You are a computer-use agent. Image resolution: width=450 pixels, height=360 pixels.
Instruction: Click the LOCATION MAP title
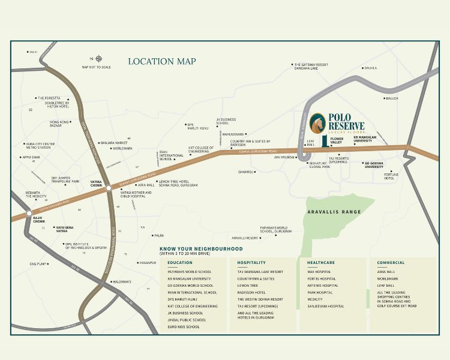(162, 61)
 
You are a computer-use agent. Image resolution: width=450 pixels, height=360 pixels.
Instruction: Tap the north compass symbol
(98, 59)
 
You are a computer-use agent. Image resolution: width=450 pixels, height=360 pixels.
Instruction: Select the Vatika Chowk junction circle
(109, 188)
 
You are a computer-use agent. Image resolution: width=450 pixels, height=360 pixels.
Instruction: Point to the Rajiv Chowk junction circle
(28, 213)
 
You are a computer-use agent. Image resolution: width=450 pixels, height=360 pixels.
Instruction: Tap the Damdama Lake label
(306, 68)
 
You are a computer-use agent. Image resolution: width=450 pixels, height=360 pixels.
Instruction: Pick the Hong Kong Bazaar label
(59, 124)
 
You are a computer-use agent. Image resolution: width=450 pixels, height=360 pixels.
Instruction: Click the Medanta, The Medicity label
(36, 194)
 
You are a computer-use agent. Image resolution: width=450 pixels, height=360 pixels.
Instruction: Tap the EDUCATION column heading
(180, 263)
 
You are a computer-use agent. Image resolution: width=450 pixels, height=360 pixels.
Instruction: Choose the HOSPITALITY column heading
(251, 263)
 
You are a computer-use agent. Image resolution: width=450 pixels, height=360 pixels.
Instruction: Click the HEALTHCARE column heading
(321, 263)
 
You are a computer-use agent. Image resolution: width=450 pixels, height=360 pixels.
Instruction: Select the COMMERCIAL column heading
(391, 263)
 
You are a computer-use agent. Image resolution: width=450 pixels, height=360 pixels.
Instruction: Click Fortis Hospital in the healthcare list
(322, 278)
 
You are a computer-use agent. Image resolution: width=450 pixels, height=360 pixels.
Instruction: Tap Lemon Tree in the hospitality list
(247, 286)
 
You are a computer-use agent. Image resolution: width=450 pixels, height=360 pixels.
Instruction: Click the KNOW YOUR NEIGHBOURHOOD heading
(201, 248)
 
